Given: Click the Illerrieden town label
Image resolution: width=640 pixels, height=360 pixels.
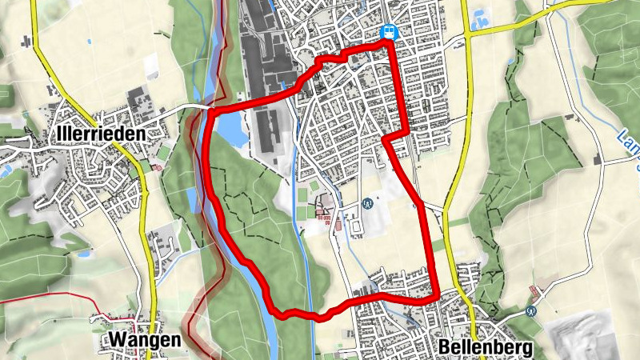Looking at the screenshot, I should [x=101, y=133].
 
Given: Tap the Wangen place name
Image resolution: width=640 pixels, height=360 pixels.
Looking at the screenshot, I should [x=145, y=341].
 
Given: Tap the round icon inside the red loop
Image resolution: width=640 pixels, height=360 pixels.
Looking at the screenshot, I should [x=367, y=203].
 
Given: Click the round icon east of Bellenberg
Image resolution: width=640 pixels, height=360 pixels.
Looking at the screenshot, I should [x=531, y=310].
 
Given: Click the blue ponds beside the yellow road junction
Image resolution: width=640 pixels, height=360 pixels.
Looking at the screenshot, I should [x=482, y=18].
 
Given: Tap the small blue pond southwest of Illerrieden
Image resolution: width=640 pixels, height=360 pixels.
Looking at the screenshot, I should [x=83, y=254].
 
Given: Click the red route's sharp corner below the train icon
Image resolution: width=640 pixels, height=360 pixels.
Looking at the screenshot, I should [x=386, y=138].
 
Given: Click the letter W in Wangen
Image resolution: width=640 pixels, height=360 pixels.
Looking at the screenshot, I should [x=114, y=341].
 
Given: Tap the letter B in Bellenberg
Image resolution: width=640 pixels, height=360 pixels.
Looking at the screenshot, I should [x=444, y=348].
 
